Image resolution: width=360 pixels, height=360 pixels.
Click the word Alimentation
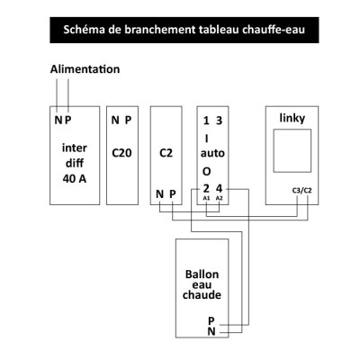(x=85, y=69)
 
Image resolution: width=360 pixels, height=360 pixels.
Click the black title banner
(x=184, y=30)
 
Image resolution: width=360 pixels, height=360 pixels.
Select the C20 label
(x=121, y=153)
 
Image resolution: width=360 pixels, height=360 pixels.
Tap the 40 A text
(x=75, y=179)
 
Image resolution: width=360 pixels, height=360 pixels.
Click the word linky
(x=292, y=118)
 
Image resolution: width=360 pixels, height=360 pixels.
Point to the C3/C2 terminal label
(x=301, y=191)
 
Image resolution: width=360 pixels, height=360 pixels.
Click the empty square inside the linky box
(x=292, y=150)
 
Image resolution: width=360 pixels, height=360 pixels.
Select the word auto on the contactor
(x=212, y=153)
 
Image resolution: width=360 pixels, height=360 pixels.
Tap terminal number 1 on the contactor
(x=206, y=121)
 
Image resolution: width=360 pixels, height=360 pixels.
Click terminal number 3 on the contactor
(x=220, y=121)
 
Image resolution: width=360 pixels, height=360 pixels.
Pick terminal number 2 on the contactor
(x=206, y=189)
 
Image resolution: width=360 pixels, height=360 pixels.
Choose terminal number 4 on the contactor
(x=220, y=189)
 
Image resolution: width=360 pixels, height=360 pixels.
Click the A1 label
(x=206, y=198)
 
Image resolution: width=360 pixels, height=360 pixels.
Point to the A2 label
(x=220, y=198)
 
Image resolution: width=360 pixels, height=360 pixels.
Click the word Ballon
(x=202, y=274)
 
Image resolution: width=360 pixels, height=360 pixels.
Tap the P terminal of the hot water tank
(x=211, y=321)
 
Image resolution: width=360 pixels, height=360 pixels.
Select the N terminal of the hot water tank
(x=211, y=331)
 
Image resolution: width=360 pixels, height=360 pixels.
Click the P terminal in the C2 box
(x=173, y=194)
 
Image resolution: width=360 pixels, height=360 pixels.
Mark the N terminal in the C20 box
(x=115, y=121)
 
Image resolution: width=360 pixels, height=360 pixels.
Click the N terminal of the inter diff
(x=58, y=121)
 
